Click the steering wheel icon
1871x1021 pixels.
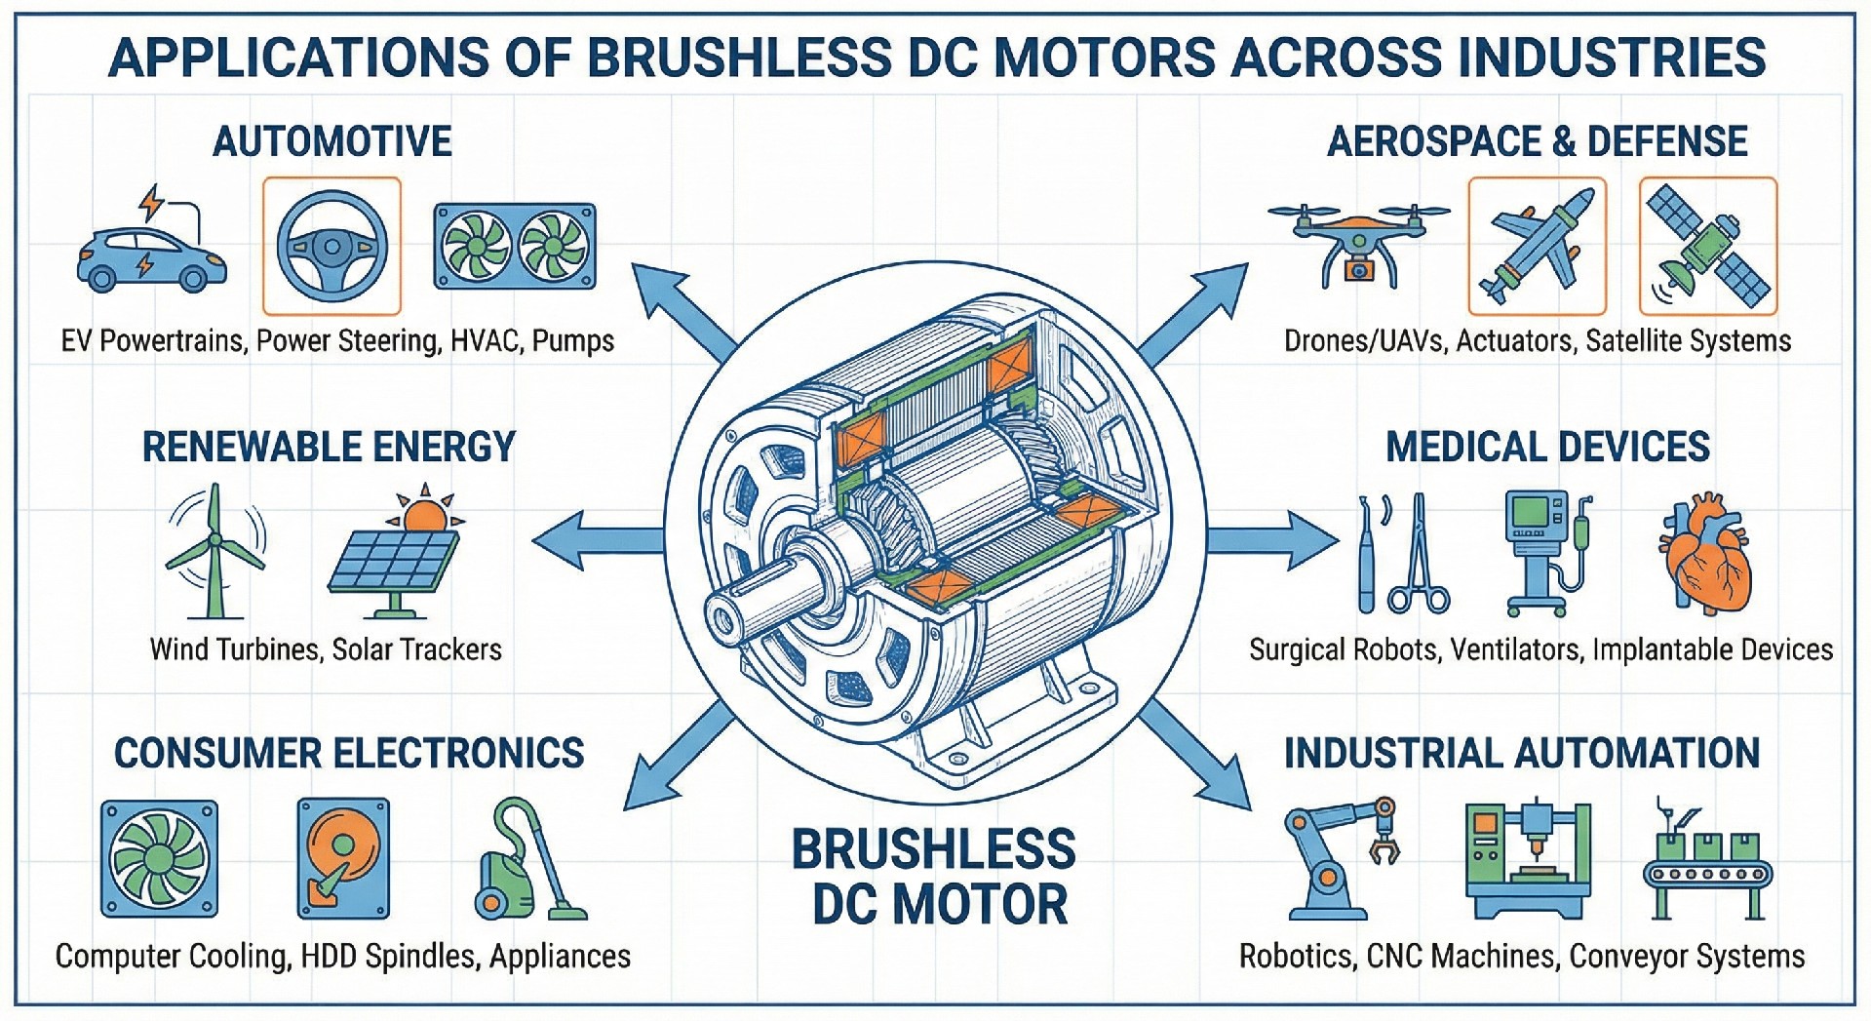tap(331, 247)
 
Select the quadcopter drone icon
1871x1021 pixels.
tap(1358, 242)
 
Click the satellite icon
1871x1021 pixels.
tap(1708, 246)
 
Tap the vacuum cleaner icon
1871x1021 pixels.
tap(526, 863)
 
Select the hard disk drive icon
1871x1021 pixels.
tap(343, 858)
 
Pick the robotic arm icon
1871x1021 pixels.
tap(1341, 858)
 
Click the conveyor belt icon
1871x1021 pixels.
tap(1706, 863)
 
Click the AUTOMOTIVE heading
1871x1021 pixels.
tap(332, 142)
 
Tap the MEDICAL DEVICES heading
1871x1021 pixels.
tap(1547, 448)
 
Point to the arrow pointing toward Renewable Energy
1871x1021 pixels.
tap(595, 539)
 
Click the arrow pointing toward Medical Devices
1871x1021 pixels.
tap(1272, 539)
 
